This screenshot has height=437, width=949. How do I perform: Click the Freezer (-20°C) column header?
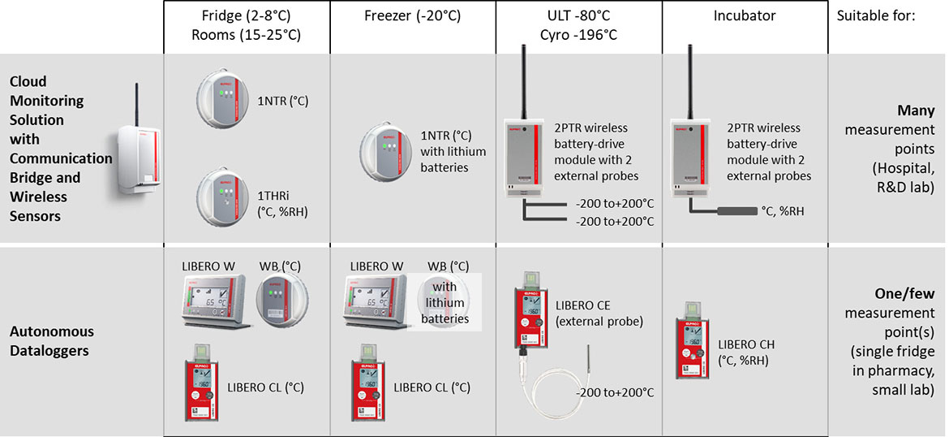click(413, 16)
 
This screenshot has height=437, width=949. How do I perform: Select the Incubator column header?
click(744, 16)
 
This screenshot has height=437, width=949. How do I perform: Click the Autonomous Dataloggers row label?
click(52, 341)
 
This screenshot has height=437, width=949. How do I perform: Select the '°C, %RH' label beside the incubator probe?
click(782, 211)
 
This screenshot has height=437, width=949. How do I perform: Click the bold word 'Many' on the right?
click(916, 110)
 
